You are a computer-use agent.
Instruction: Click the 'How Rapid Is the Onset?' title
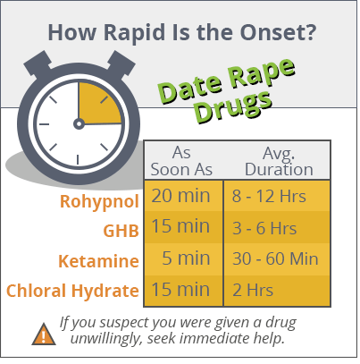pos(180,33)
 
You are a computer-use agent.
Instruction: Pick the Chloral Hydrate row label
pos(72,291)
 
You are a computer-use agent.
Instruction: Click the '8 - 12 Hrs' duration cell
pos(274,196)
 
